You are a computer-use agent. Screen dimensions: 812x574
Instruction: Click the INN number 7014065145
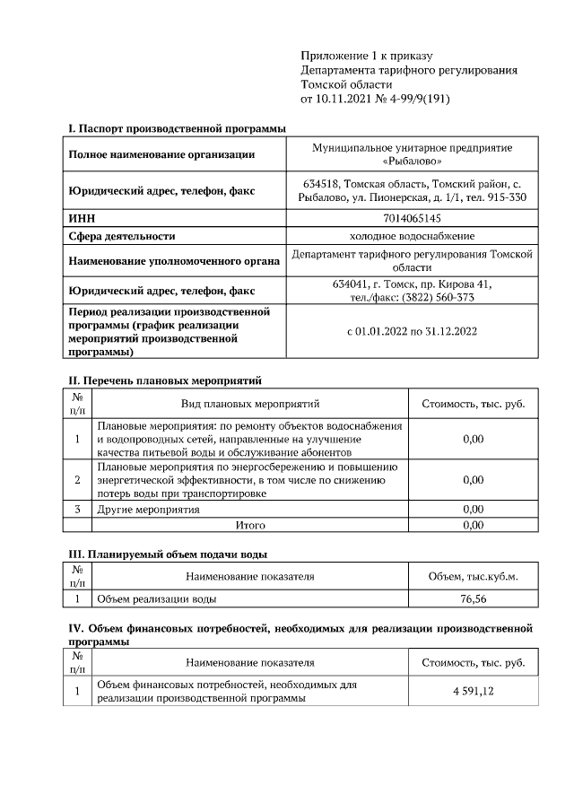point(412,217)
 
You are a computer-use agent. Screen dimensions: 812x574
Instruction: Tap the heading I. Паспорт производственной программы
point(178,129)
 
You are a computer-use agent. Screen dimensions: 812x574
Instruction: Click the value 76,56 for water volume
point(473,598)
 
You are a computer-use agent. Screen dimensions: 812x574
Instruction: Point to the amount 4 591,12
point(473,691)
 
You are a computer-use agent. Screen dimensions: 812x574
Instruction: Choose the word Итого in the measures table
point(250,525)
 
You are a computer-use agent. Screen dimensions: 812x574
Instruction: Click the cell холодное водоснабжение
point(412,236)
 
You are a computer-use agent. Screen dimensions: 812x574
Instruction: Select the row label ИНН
point(82,217)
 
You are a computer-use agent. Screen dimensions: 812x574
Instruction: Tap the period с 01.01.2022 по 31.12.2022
point(412,331)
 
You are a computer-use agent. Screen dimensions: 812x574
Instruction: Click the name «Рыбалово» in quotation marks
point(412,162)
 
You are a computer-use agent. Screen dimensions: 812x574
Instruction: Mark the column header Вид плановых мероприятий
point(250,404)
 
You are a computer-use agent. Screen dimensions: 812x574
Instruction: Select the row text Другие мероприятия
point(148,510)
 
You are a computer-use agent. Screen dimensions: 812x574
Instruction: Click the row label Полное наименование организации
point(161,154)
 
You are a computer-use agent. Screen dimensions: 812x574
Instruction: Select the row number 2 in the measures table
point(78,480)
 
